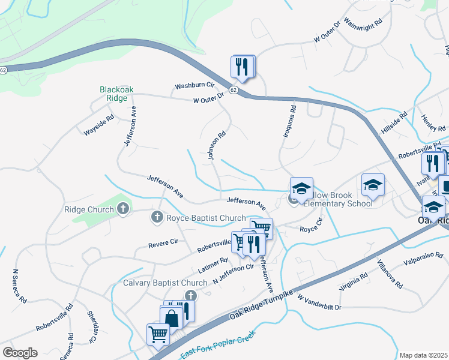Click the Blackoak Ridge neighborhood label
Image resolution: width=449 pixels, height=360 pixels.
tap(116, 94)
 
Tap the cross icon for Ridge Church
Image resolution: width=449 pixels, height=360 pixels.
tap(123, 209)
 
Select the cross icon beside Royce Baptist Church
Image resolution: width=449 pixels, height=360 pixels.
tap(157, 217)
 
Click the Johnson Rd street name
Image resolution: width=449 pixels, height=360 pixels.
tap(217, 146)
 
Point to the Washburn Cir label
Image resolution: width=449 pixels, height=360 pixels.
tap(194, 86)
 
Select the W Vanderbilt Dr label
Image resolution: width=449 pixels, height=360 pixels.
tap(319, 302)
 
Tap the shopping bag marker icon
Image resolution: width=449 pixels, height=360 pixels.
tap(171, 317)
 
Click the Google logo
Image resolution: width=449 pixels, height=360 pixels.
tap(20, 352)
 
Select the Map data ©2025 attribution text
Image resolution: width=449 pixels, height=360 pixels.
tap(423, 355)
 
